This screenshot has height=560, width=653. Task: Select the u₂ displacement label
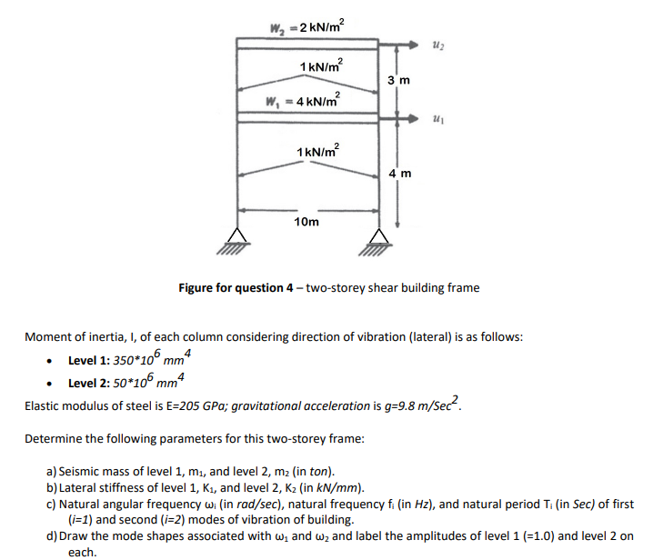click(438, 45)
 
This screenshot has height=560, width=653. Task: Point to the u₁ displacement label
click(438, 119)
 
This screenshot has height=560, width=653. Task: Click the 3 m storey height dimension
click(399, 81)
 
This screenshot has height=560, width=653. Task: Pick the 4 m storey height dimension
click(399, 172)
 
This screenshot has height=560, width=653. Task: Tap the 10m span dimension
click(306, 222)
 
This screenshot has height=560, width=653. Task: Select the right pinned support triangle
click(378, 238)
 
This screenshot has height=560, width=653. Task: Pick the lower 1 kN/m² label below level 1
click(318, 149)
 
